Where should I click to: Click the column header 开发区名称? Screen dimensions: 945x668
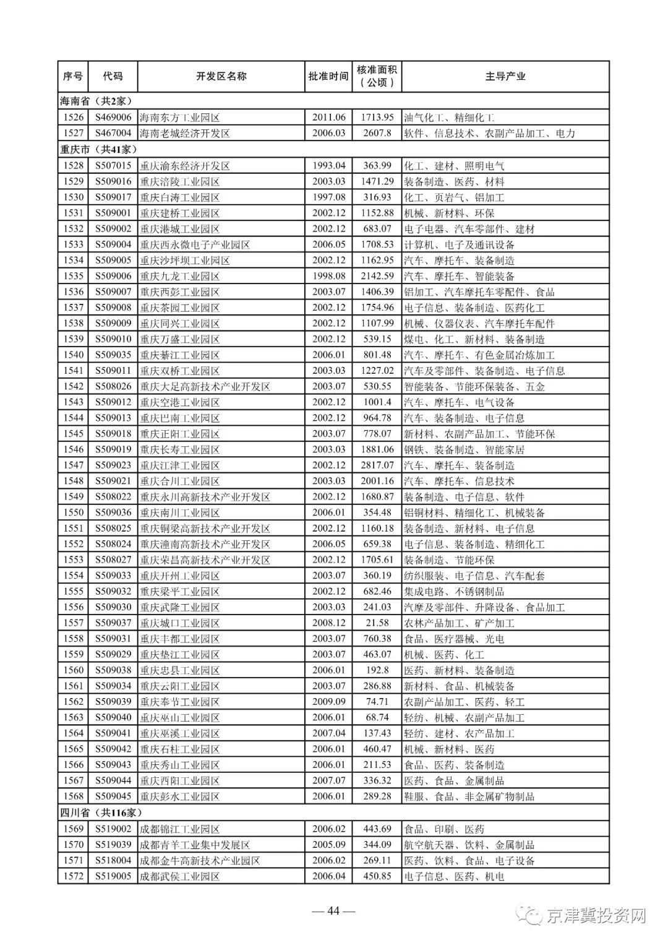click(221, 76)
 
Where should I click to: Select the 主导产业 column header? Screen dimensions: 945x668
click(505, 76)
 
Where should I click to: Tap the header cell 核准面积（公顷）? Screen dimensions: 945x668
click(377, 76)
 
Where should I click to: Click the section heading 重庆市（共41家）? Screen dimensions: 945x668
click(98, 149)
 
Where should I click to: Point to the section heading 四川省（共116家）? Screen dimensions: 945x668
click(101, 813)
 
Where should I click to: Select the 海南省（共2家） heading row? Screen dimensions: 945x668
click(96, 101)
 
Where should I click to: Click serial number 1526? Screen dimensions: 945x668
click(73, 117)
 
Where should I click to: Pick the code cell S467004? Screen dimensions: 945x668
click(113, 133)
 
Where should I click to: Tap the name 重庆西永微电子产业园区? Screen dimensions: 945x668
click(195, 244)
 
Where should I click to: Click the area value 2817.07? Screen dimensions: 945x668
click(377, 465)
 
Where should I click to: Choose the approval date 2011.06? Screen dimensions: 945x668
click(328, 117)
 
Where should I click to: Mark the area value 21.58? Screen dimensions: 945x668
click(377, 623)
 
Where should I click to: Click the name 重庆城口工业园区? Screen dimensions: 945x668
click(179, 623)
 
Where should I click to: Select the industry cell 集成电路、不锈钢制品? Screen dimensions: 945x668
click(453, 592)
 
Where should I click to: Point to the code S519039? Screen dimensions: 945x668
click(113, 845)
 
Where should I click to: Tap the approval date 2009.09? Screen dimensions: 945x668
click(328, 702)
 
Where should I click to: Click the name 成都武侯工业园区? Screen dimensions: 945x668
click(179, 876)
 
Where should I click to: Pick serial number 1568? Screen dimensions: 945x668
click(73, 796)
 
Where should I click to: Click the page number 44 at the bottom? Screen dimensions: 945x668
click(333, 911)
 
